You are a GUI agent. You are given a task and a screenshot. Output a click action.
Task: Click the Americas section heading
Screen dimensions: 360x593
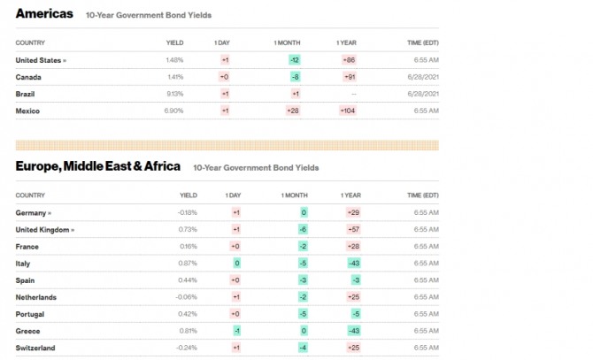pos(44,14)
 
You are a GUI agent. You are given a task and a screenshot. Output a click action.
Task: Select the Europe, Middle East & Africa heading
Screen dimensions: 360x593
pos(98,166)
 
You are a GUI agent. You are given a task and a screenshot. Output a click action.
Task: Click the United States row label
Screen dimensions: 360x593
pos(40,59)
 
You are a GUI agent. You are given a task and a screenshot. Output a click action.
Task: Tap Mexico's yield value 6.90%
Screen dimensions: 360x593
pos(174,111)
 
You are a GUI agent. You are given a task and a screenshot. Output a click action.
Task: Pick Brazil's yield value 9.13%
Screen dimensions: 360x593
pos(174,94)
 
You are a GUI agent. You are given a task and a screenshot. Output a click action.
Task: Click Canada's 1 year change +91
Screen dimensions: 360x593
pos(349,77)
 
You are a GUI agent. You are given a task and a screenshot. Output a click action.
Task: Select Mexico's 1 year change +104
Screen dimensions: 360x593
pos(348,111)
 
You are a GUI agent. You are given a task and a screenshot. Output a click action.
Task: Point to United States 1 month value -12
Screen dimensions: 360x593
pos(295,59)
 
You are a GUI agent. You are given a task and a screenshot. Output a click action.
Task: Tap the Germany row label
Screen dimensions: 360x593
pos(33,212)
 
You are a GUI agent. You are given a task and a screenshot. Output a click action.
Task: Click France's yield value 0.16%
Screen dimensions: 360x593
pos(188,246)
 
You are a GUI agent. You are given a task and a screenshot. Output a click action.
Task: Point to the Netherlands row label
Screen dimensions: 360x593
pos(36,297)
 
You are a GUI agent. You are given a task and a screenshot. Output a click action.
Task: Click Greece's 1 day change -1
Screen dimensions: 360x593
pos(236,331)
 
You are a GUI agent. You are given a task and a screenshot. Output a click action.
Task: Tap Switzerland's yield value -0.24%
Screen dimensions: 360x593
pos(186,348)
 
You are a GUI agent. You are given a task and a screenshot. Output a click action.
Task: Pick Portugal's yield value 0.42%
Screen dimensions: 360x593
pos(188,314)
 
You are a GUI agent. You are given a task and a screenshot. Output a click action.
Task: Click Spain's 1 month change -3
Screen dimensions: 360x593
pos(303,280)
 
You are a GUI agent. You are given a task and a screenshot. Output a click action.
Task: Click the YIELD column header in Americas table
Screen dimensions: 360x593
pos(175,42)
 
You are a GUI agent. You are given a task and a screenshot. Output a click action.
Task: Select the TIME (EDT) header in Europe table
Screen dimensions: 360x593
pos(423,195)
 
